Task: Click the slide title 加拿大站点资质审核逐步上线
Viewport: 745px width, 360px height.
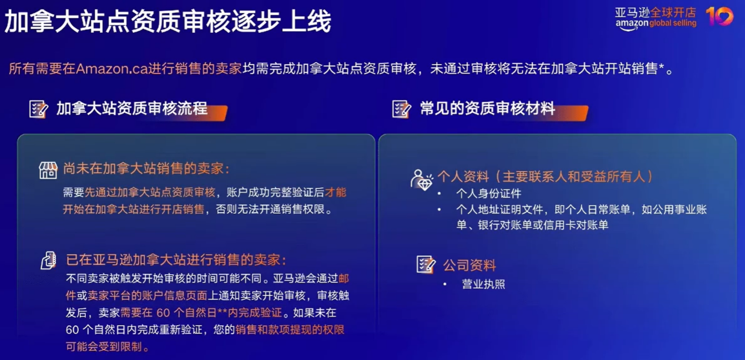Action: tap(168, 22)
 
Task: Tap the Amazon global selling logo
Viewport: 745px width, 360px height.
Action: tap(655, 18)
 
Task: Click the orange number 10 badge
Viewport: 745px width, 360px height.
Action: tap(719, 16)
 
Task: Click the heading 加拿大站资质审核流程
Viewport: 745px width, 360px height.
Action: tap(132, 109)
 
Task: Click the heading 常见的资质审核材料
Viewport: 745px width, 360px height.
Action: tap(487, 109)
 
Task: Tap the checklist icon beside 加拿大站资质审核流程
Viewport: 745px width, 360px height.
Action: tap(38, 109)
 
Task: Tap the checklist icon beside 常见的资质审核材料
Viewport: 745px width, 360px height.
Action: tap(401, 109)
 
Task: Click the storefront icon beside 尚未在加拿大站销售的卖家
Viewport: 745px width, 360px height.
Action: tap(48, 170)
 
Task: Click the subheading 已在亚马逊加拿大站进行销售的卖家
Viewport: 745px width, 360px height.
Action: tap(176, 260)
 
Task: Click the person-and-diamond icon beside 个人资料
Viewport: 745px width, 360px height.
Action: tap(421, 179)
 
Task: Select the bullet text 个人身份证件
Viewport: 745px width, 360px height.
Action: tap(488, 193)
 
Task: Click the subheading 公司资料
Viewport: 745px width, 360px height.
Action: tap(469, 265)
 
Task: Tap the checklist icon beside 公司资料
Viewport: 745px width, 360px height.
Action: tap(425, 265)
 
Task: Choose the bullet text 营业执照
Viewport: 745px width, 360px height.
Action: tap(484, 284)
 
